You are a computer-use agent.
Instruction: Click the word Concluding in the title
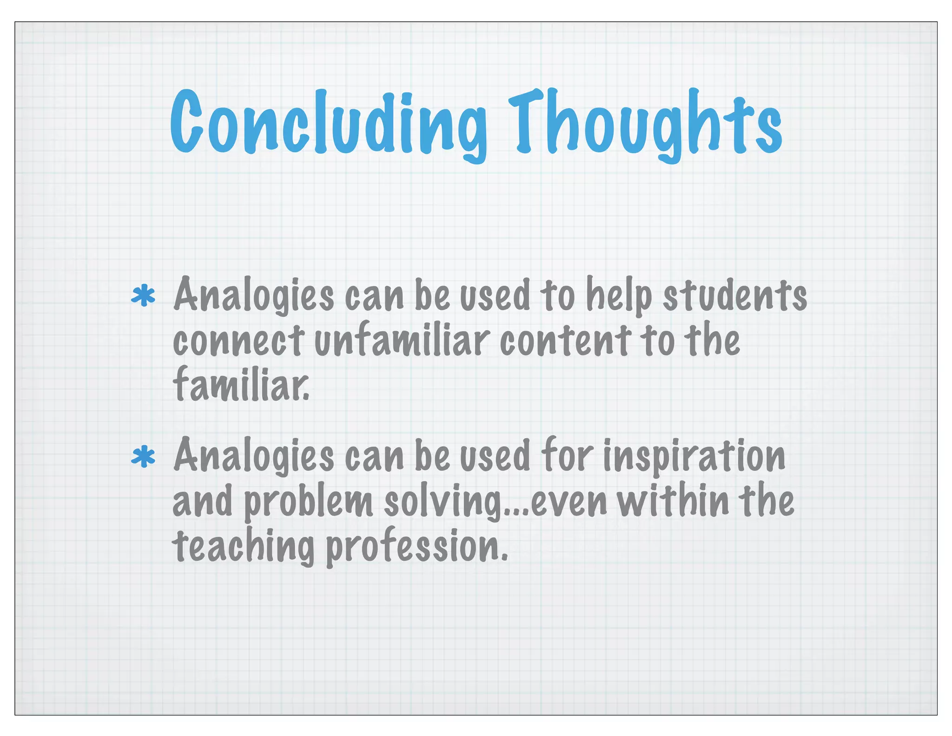pyautogui.click(x=328, y=123)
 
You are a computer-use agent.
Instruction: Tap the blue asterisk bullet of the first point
pyautogui.click(x=143, y=297)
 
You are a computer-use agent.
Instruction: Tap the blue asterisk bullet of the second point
pyautogui.click(x=143, y=457)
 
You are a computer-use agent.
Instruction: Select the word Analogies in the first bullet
pyautogui.click(x=254, y=296)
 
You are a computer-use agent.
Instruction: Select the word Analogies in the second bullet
pyautogui.click(x=254, y=456)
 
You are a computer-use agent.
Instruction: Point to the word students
pyautogui.click(x=734, y=296)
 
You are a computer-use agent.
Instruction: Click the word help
pyautogui.click(x=618, y=296)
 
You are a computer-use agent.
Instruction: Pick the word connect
pyautogui.click(x=238, y=342)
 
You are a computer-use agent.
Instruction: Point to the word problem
pyautogui.click(x=308, y=502)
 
